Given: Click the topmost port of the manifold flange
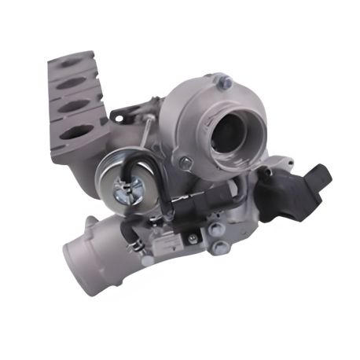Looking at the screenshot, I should coord(76,64).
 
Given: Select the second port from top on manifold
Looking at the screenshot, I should coord(73,84).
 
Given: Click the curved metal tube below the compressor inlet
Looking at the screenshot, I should coord(236,169).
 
